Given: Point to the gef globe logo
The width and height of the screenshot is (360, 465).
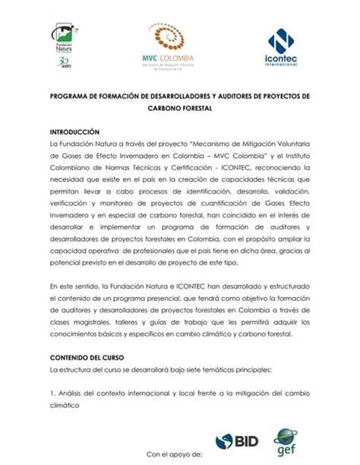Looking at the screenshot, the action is (286, 440).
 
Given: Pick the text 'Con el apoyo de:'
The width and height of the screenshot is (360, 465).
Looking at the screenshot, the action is (174, 454).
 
